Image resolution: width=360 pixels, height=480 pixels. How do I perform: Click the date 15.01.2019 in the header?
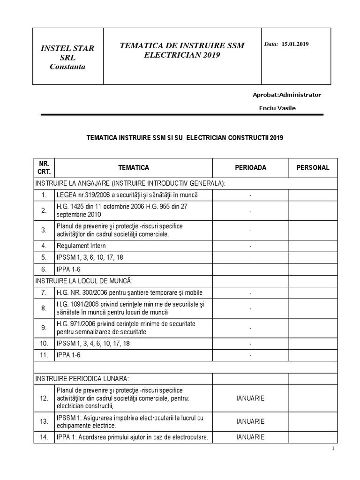(295, 44)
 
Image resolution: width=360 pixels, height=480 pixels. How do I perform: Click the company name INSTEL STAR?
(67, 48)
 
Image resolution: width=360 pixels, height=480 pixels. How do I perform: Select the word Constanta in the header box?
(67, 67)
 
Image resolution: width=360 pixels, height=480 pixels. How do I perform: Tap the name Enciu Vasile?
(277, 108)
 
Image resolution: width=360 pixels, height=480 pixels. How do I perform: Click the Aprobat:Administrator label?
(287, 95)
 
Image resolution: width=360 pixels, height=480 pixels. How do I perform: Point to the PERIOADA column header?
(250, 168)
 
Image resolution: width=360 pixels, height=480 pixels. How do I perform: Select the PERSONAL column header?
(313, 168)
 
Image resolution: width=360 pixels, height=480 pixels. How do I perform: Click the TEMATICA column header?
(134, 168)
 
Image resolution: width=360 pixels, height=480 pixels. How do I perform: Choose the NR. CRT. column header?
(44, 168)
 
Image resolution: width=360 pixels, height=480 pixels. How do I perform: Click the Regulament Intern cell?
(81, 246)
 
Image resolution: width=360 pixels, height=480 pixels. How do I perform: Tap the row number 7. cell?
(44, 292)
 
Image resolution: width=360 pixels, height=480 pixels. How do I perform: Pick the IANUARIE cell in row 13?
(250, 421)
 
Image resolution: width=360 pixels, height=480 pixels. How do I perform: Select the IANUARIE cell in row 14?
(250, 437)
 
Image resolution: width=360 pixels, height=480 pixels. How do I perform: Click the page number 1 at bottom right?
(333, 449)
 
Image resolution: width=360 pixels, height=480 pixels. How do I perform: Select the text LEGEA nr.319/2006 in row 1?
(82, 195)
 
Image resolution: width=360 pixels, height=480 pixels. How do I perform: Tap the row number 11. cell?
(44, 355)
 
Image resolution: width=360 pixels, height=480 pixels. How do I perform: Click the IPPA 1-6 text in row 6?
(68, 269)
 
